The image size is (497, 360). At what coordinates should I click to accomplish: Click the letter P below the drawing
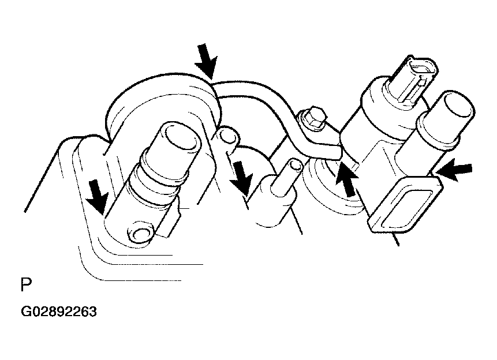coord(27,284)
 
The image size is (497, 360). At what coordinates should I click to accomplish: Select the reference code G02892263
coord(59,312)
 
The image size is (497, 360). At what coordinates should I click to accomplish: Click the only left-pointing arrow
coord(453,171)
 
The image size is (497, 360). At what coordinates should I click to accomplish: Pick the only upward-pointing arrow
coord(346,179)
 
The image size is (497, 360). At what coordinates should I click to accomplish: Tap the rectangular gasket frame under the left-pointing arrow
coord(405,205)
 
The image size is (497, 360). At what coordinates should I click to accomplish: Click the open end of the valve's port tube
coord(459,107)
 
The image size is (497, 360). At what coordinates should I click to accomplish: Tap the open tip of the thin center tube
coord(296,164)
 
